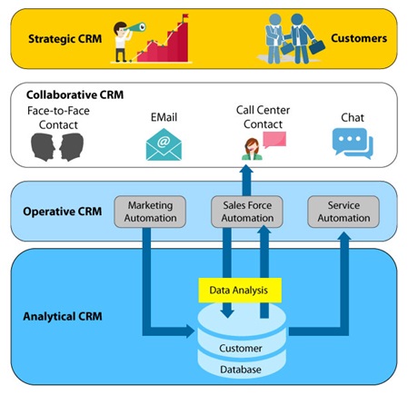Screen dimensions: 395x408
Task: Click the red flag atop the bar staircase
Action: tap(184, 16)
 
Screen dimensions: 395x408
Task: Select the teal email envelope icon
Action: tap(164, 144)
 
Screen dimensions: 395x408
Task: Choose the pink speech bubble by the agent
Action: tap(274, 140)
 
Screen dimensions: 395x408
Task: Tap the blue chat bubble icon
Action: tap(352, 143)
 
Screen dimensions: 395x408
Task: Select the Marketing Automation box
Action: tap(150, 211)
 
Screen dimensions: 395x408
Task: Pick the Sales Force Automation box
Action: tap(247, 211)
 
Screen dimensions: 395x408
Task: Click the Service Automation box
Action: tap(343, 211)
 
